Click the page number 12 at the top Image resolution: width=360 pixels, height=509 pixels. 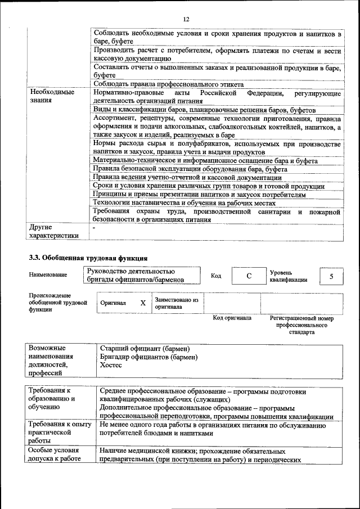pyautogui.click(x=186, y=20)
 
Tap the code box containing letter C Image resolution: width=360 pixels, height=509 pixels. pyautogui.click(x=248, y=276)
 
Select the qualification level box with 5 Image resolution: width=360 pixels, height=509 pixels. pyautogui.click(x=331, y=276)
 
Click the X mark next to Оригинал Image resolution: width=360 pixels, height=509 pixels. pyautogui.click(x=143, y=303)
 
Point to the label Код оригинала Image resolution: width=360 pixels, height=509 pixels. pyautogui.click(x=232, y=318)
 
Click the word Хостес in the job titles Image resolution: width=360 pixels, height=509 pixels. pyautogui.click(x=110, y=365)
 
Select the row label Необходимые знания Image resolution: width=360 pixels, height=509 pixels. pyautogui.click(x=52, y=96)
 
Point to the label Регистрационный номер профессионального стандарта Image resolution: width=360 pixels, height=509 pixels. pyautogui.click(x=301, y=325)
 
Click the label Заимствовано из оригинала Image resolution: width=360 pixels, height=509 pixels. pyautogui.click(x=177, y=304)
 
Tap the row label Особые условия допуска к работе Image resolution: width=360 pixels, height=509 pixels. pyautogui.click(x=55, y=455)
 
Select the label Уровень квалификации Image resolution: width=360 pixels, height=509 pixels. pyautogui.click(x=289, y=276)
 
